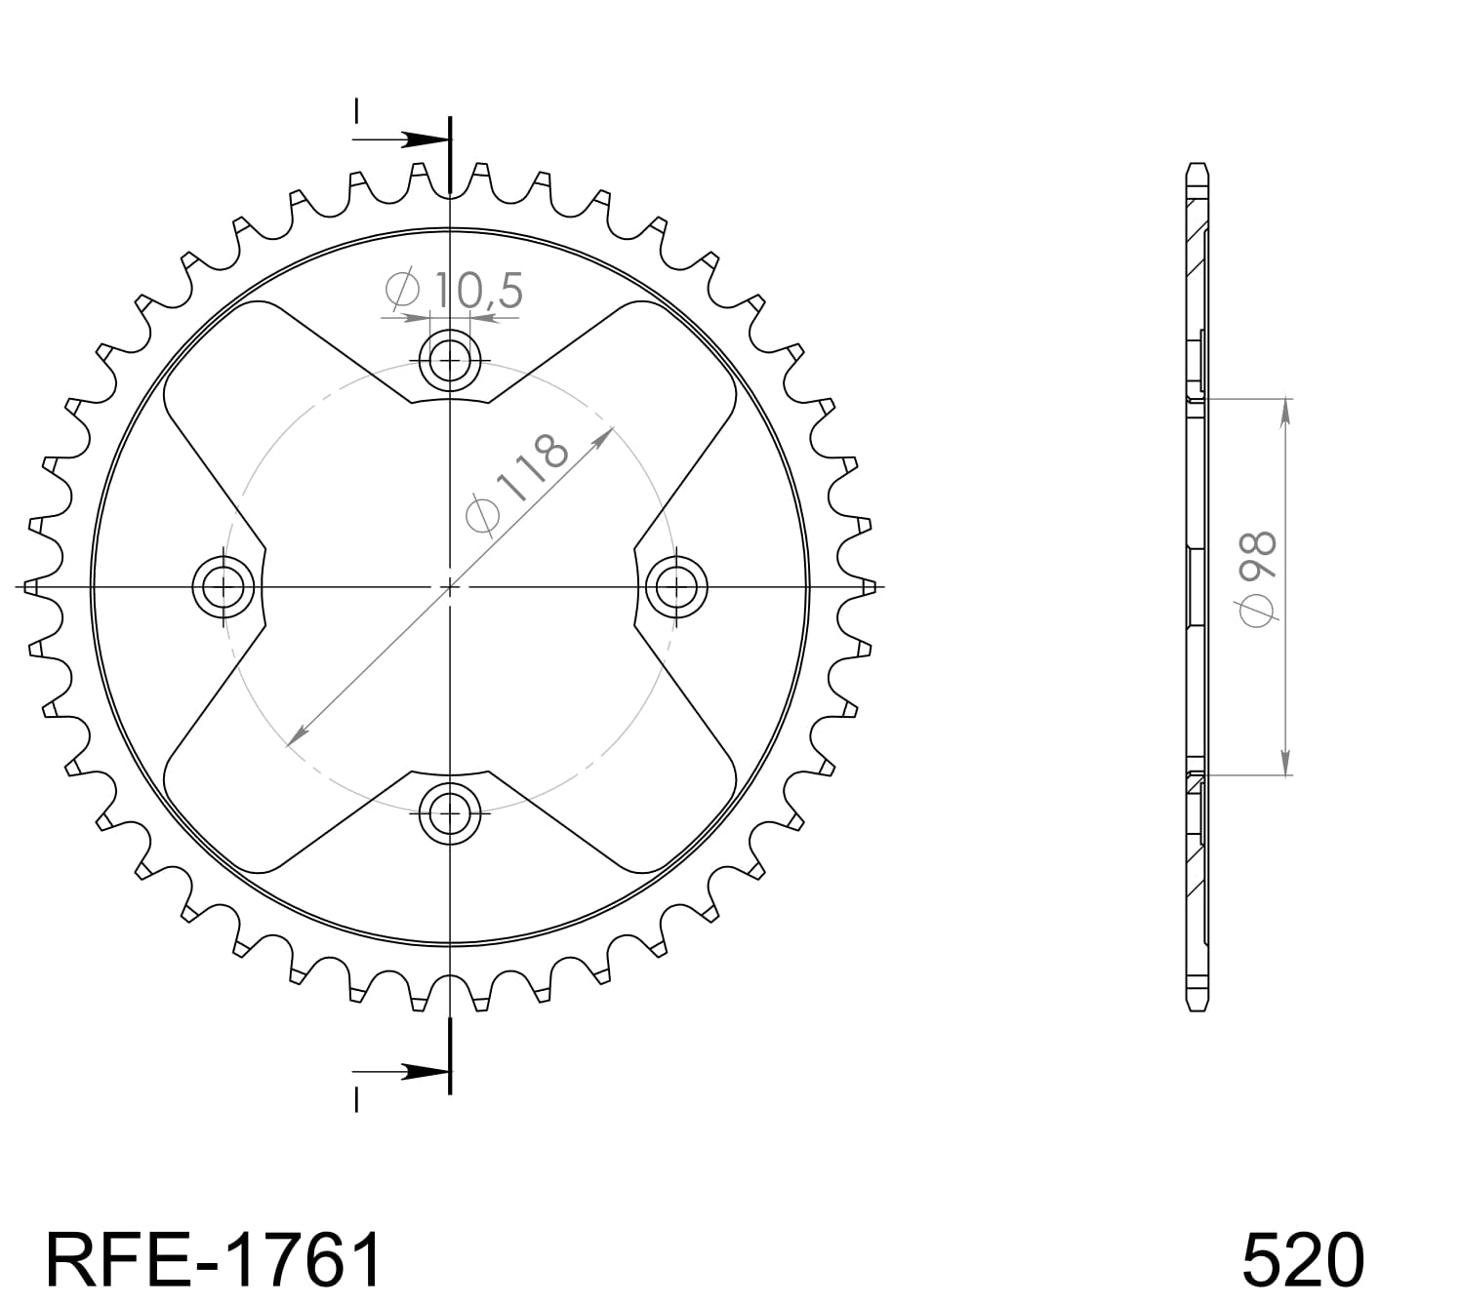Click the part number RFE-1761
coord(214,1259)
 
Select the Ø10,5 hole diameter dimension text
coord(456,291)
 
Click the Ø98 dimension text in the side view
coord(1256,578)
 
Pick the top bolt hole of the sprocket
coord(449,361)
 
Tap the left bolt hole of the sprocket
coord(223,587)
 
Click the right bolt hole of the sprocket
coord(676,587)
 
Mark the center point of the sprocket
coord(449,587)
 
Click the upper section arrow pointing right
coord(418,139)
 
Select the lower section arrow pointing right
coord(418,1071)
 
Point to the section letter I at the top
coord(357,111)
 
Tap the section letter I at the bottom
coord(357,1100)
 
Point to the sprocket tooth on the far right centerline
coord(867,587)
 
